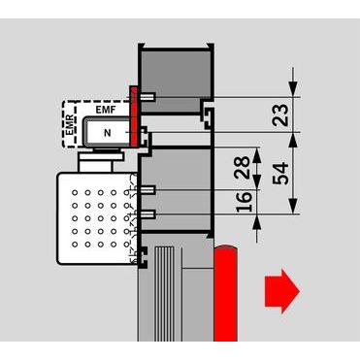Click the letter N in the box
[108, 131]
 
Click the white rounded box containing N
[105, 132]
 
